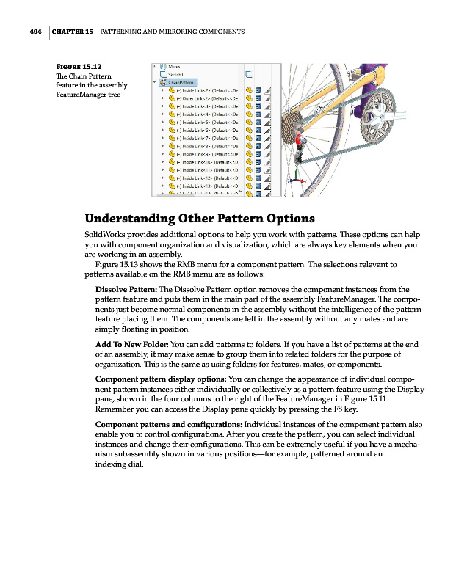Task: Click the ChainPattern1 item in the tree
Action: tap(180, 82)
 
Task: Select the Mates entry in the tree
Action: tap(175, 66)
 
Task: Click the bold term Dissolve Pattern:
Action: tap(126, 288)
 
